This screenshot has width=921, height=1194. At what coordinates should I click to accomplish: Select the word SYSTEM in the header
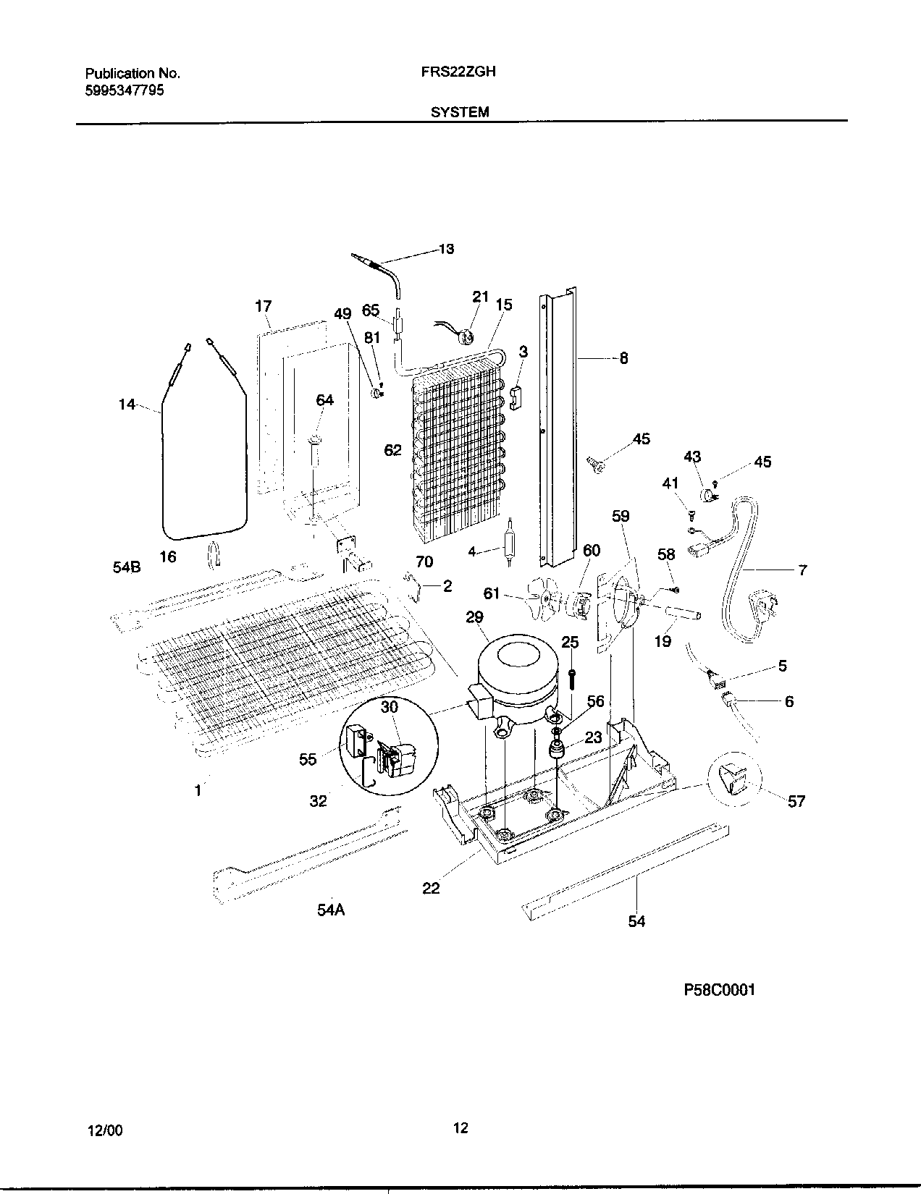tap(460, 112)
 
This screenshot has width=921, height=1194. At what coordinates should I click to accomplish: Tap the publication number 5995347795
tap(125, 90)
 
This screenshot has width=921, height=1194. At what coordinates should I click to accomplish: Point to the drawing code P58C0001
tap(719, 990)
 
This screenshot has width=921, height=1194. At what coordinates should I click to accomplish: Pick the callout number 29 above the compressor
tap(475, 617)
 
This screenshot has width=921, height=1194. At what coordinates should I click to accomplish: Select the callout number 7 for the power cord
tap(802, 570)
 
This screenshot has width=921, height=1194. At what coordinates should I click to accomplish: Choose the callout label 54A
tap(330, 910)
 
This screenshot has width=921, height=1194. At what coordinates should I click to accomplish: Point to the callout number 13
tap(446, 249)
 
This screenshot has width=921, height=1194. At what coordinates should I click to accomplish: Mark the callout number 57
tap(796, 801)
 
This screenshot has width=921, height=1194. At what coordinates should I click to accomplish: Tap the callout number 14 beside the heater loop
tap(127, 405)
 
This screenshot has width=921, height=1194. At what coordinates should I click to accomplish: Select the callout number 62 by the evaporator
tap(392, 450)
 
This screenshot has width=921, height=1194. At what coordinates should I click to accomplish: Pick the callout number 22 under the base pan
tap(431, 888)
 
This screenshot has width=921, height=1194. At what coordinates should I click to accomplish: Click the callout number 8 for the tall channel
tap(623, 357)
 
